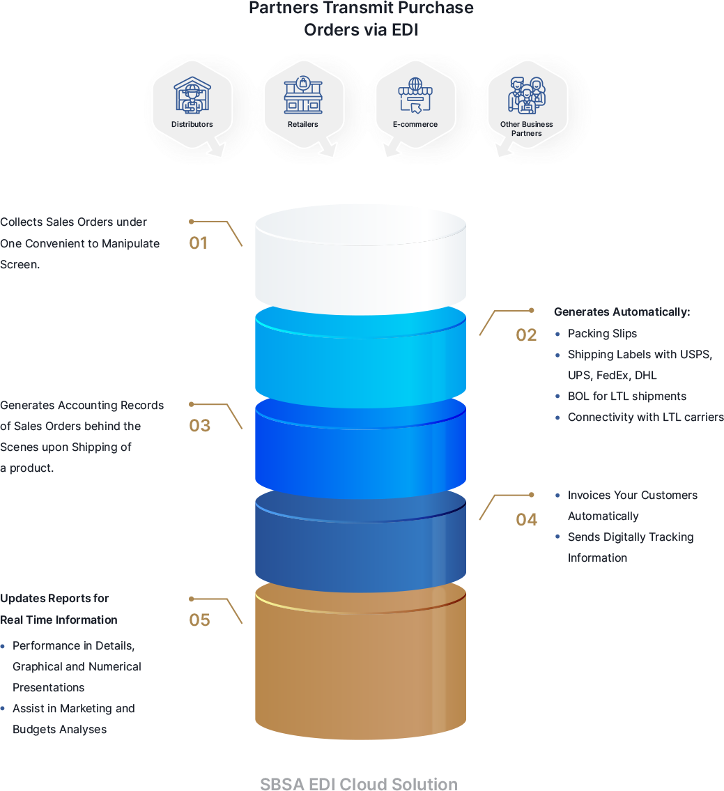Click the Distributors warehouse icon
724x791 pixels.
192,95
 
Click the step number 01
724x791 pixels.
199,243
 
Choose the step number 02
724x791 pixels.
526,335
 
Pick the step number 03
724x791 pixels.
199,426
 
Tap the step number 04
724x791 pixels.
526,520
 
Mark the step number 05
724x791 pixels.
199,620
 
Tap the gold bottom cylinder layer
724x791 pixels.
360,669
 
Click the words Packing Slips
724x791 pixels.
602,334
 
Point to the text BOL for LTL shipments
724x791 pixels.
627,397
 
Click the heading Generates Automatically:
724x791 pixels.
622,312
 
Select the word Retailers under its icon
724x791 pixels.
303,125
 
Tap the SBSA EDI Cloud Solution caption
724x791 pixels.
359,783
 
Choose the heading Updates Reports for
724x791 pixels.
54,599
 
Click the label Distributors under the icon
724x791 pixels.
192,125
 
